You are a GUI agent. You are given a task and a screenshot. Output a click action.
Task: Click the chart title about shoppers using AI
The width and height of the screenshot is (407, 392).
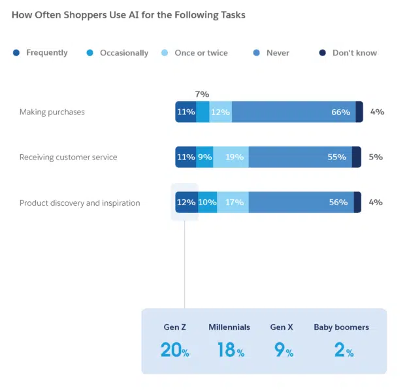[x=129, y=14]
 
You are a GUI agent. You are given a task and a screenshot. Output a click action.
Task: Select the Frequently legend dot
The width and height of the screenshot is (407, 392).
[x=16, y=52]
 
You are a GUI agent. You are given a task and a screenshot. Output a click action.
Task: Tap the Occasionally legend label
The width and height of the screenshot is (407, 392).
[x=124, y=53]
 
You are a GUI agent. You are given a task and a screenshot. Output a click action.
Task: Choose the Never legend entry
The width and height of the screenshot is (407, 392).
[x=278, y=53]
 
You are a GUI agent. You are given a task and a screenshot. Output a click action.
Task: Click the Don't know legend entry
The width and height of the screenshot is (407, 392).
[x=354, y=53]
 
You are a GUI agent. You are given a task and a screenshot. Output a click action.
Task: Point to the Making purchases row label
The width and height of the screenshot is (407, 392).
[x=52, y=112]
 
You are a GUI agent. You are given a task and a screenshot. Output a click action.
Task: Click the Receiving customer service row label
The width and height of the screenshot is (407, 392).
[x=69, y=157]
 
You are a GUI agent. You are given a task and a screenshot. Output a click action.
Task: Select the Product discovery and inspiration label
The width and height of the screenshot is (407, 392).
[x=80, y=203]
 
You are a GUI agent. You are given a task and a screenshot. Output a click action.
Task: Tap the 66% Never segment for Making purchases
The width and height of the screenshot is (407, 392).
[x=294, y=112]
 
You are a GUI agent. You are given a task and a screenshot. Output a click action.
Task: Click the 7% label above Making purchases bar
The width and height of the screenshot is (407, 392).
[x=202, y=95]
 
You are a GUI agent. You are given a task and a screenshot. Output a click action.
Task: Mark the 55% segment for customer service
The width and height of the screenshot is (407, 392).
[x=301, y=157]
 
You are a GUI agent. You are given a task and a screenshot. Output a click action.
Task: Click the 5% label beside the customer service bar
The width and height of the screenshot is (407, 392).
[x=376, y=157]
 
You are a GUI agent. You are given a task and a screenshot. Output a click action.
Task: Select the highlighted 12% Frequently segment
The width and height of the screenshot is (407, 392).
[x=186, y=203]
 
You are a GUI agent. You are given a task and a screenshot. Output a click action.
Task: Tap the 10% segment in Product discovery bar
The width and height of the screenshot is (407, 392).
[x=207, y=203]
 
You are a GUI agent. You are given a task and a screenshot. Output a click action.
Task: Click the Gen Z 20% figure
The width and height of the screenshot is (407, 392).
[x=174, y=350]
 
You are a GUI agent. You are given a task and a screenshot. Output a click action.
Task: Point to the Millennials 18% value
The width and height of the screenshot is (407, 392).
[x=231, y=350]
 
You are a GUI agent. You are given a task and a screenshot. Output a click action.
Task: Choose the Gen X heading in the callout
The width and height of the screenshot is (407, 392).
[x=282, y=327]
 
